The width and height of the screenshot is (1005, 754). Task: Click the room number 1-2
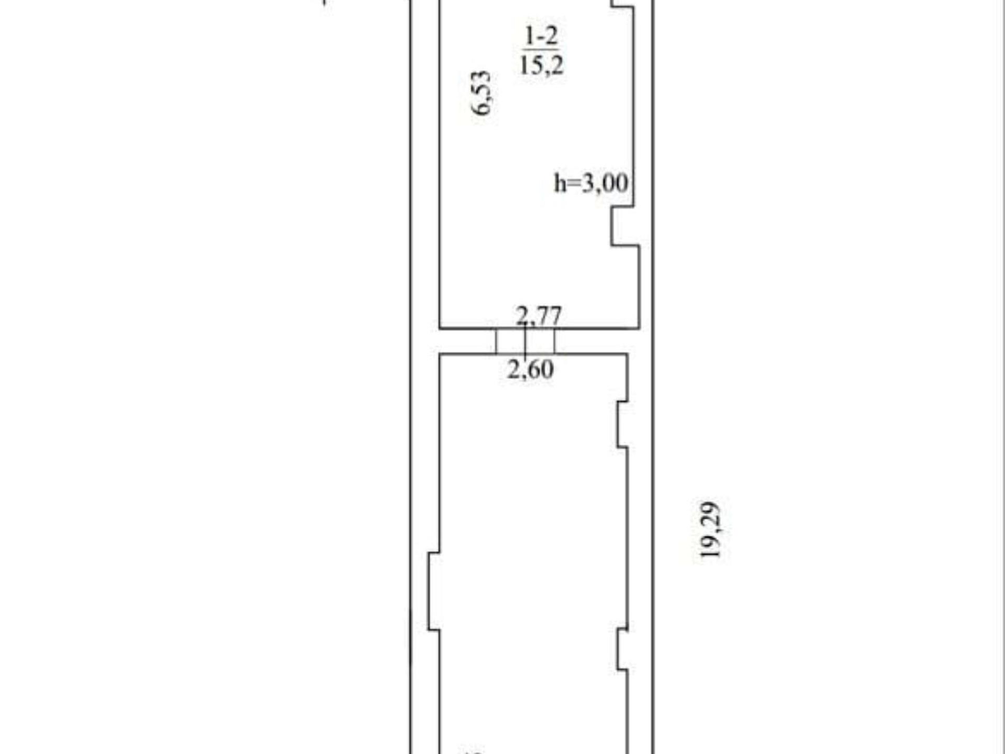coord(542,36)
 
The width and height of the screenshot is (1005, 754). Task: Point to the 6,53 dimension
coord(482,93)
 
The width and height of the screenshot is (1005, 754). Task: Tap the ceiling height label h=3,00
coord(591,183)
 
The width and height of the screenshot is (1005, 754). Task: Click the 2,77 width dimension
coord(539,316)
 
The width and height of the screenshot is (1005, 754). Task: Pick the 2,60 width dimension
coord(530,370)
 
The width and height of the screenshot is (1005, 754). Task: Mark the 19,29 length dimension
coord(711,530)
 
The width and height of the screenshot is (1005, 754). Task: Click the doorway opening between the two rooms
coord(525,341)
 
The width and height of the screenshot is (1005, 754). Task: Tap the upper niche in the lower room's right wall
coord(622,424)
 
